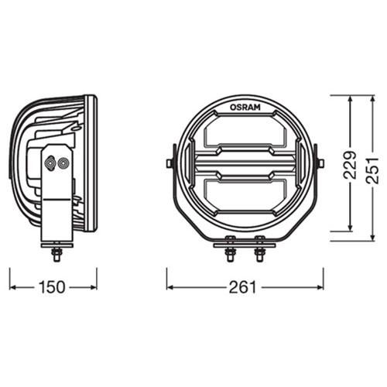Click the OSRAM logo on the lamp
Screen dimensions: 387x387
(x=245, y=108)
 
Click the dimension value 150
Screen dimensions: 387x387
(x=52, y=287)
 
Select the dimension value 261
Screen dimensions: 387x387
(x=243, y=287)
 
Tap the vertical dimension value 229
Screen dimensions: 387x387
(x=350, y=165)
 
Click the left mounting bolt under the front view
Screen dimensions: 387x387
(x=230, y=248)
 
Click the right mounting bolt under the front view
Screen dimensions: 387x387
(x=259, y=248)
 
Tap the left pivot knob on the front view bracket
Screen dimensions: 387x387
(x=170, y=163)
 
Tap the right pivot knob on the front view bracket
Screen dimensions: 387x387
(x=320, y=163)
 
